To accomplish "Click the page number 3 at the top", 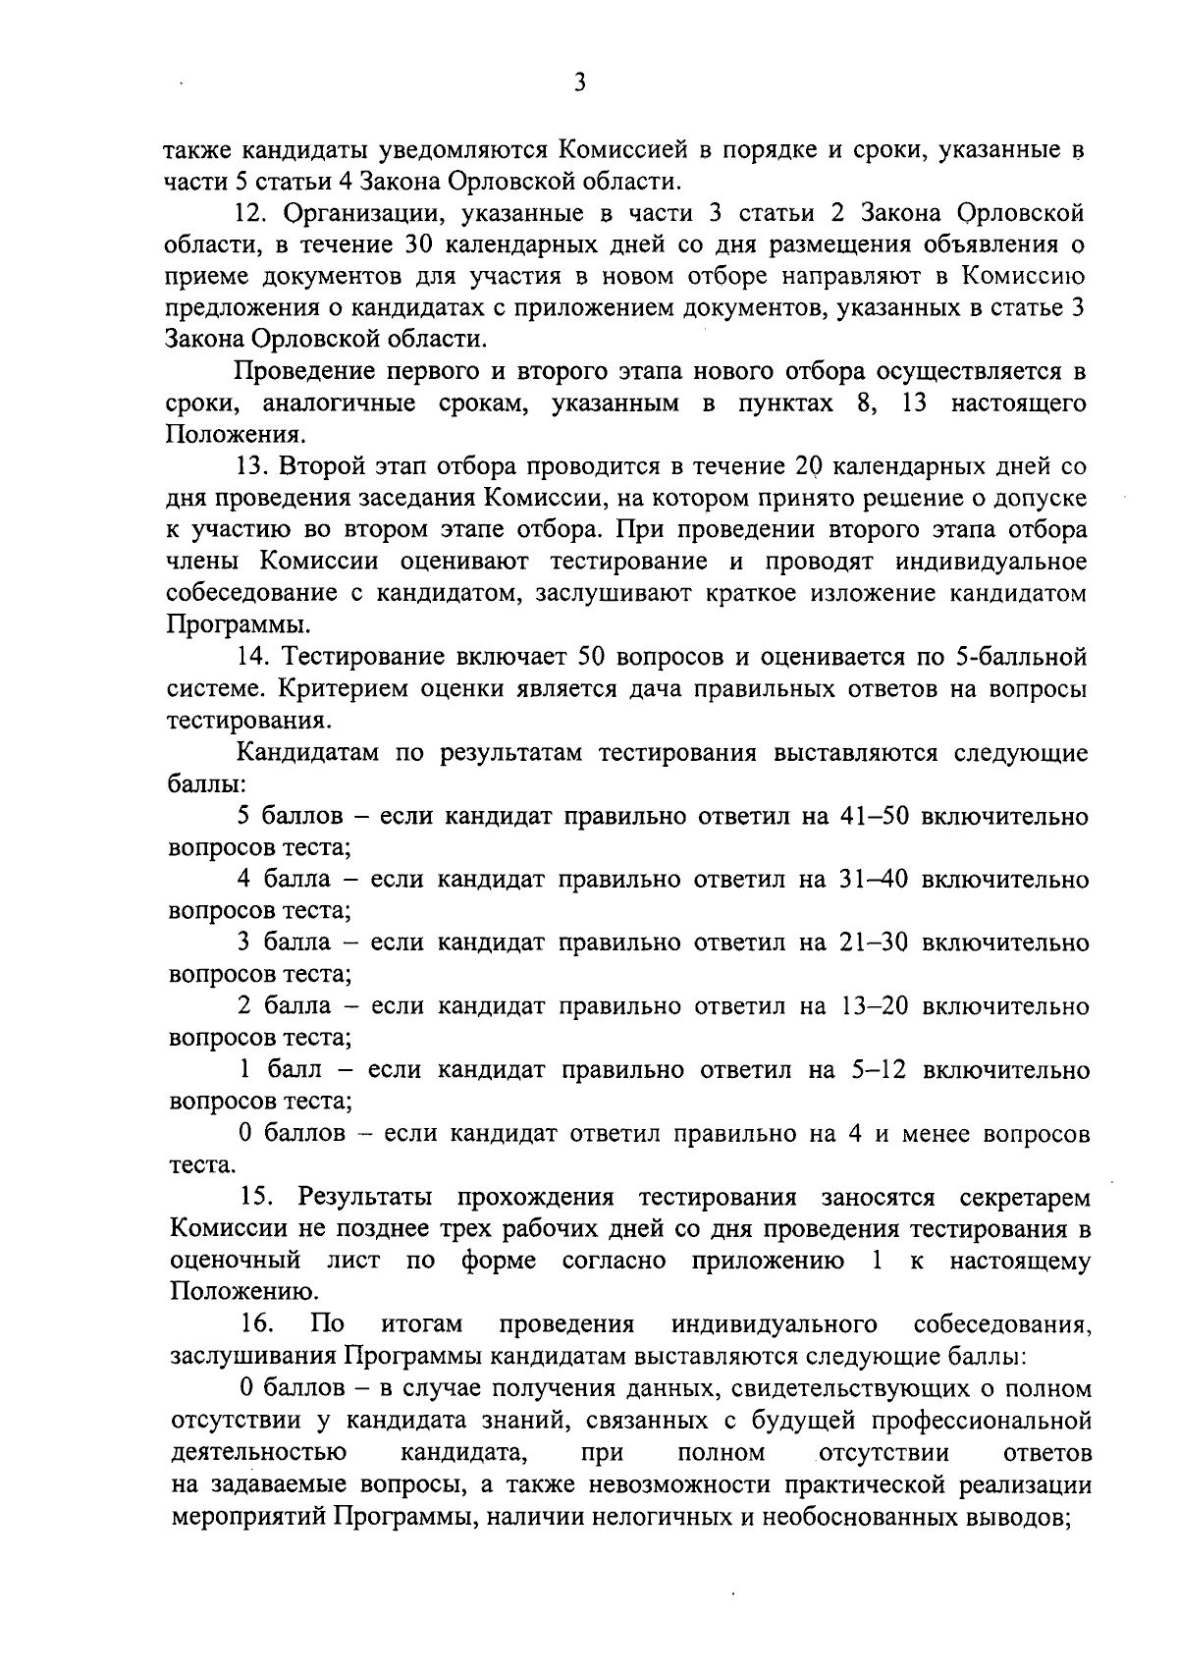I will [x=580, y=83].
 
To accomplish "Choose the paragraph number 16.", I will [x=256, y=1324].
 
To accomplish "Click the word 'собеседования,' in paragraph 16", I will [x=1002, y=1324].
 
